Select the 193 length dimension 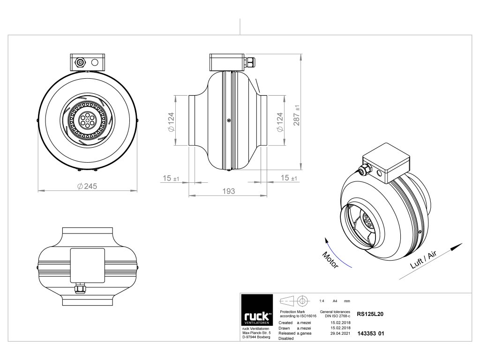pos(228,191)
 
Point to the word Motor pos(330,259)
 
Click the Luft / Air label pos(423,259)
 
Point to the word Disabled pos(286,338)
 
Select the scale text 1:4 pos(322,300)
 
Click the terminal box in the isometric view pos(387,162)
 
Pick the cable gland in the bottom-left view pos(81,290)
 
